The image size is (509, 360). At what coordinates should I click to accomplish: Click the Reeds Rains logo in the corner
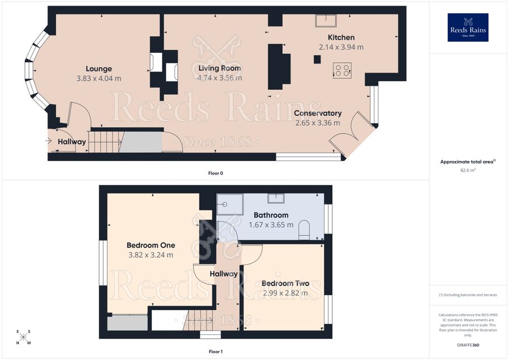click(x=468, y=27)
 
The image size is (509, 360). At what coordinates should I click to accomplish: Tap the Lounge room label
click(x=99, y=69)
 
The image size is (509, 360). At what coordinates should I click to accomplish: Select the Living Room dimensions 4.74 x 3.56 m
click(x=220, y=78)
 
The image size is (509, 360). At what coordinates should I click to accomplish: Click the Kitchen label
click(x=341, y=37)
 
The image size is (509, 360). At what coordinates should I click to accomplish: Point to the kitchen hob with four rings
click(x=342, y=70)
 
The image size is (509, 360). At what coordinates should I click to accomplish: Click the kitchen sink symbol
click(x=326, y=21)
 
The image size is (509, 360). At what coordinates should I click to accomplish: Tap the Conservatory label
click(x=317, y=113)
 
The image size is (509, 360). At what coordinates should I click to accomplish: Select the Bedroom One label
click(x=151, y=245)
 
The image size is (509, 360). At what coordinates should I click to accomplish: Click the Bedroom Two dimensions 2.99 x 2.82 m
click(x=285, y=293)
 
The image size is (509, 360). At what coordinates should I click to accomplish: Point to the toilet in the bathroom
click(x=304, y=230)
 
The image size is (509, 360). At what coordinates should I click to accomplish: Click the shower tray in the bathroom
click(x=230, y=205)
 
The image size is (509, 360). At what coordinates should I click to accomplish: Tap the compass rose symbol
click(x=23, y=337)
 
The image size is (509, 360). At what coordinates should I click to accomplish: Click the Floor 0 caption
click(x=216, y=173)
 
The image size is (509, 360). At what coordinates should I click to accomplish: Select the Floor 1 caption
click(x=216, y=352)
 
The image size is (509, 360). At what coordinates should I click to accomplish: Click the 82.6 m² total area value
click(x=468, y=170)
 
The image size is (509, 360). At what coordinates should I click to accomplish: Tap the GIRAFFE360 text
click(x=468, y=345)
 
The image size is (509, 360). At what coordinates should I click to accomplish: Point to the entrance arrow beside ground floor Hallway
click(x=49, y=141)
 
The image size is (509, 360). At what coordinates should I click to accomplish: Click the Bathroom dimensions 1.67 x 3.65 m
click(x=271, y=225)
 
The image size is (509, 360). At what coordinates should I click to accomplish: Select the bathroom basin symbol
click(x=276, y=198)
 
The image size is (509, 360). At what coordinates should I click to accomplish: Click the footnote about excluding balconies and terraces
click(x=468, y=295)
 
